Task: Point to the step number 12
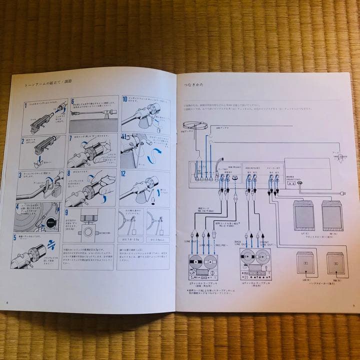[123, 174]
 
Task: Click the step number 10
[124, 98]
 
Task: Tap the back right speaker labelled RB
[335, 262]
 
